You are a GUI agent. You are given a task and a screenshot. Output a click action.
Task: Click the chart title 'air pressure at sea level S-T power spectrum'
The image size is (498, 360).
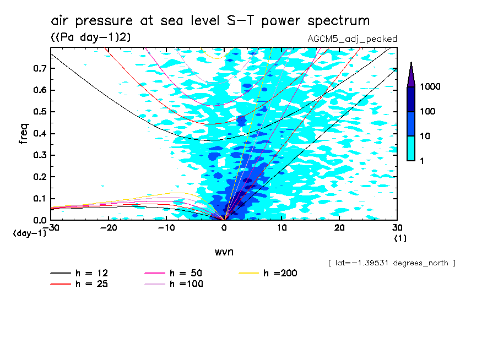pos(210,21)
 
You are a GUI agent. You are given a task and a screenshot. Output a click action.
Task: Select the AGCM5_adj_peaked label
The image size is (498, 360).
pos(352,39)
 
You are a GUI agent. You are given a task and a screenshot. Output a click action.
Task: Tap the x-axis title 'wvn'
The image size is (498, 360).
pos(224,252)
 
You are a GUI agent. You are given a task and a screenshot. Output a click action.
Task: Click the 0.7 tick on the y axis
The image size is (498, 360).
pos(39,68)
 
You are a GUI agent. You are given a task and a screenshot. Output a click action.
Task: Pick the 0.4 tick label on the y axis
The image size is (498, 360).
pos(39,134)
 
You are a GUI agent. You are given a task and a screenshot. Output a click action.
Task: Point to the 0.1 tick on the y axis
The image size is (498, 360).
pos(39,199)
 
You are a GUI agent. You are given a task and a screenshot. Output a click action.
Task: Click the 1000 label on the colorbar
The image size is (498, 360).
pos(431,87)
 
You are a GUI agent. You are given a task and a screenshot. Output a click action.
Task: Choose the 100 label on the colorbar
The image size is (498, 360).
pos(429,112)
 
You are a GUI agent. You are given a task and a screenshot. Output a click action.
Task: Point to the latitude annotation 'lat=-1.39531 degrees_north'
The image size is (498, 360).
pos(391,263)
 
